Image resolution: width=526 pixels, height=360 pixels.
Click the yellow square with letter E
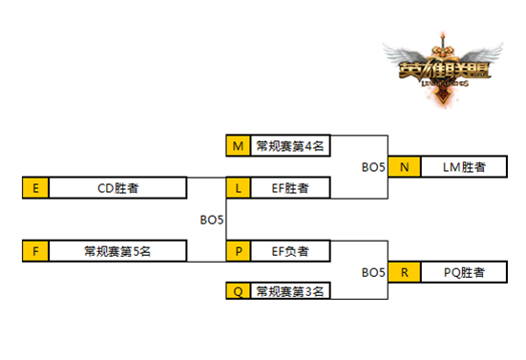[34, 188]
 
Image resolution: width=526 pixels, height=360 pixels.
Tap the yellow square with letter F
[34, 252]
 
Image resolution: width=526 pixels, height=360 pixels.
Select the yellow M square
[239, 146]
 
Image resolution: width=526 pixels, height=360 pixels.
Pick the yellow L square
[239, 188]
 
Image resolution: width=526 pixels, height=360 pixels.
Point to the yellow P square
[239, 252]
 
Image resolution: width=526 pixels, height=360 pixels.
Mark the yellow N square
[405, 167]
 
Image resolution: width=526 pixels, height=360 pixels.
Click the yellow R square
[405, 272]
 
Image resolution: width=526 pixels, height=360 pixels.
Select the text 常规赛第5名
[116, 252]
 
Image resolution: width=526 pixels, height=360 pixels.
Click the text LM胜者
[463, 167]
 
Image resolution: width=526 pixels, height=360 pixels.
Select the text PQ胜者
[463, 272]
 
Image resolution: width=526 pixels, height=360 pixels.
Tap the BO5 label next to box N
[373, 167]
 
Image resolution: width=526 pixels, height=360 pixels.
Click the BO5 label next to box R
[373, 273]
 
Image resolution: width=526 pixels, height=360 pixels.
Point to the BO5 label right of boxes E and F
[211, 220]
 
